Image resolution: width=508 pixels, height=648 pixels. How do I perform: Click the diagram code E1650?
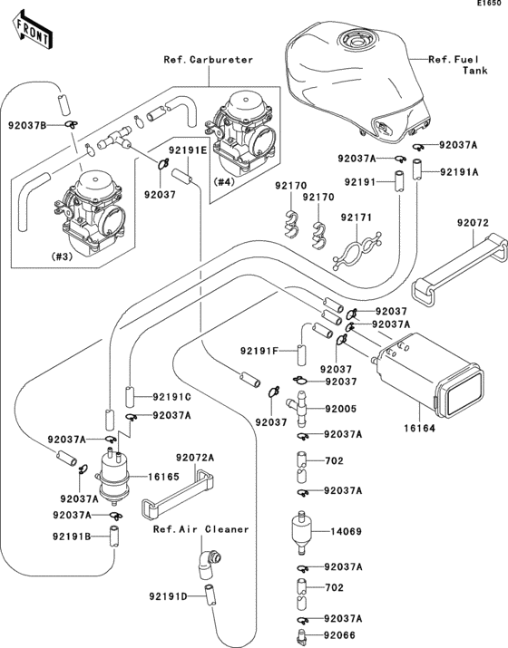[487, 6]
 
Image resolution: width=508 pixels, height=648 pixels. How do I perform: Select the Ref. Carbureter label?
[208, 60]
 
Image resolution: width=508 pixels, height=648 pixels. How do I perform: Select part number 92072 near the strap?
[472, 222]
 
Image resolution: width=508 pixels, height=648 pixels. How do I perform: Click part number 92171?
[357, 218]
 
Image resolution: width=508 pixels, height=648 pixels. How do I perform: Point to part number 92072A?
[195, 459]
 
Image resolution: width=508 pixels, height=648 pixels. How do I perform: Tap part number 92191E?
[187, 150]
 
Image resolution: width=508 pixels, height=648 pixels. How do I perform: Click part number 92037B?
[29, 124]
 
